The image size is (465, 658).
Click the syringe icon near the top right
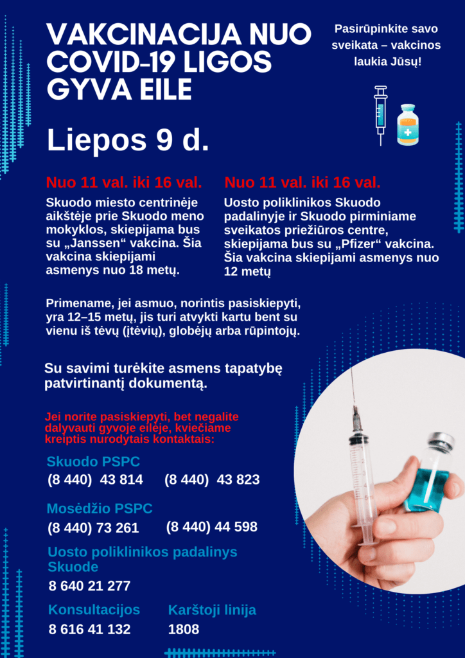point(381,114)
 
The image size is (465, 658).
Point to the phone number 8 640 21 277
point(89,586)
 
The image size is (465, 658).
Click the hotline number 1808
point(184,630)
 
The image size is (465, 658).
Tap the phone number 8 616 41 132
point(89,630)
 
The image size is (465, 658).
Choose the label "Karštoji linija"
point(212,610)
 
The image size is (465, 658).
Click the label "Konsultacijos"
point(94,610)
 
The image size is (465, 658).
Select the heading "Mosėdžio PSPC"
point(100,509)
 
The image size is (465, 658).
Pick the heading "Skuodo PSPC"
point(93,462)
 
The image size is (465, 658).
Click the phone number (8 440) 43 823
point(212,480)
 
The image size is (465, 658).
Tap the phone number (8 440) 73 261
point(93,528)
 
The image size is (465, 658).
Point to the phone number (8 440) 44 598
point(211,527)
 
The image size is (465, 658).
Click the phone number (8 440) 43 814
point(95,480)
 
